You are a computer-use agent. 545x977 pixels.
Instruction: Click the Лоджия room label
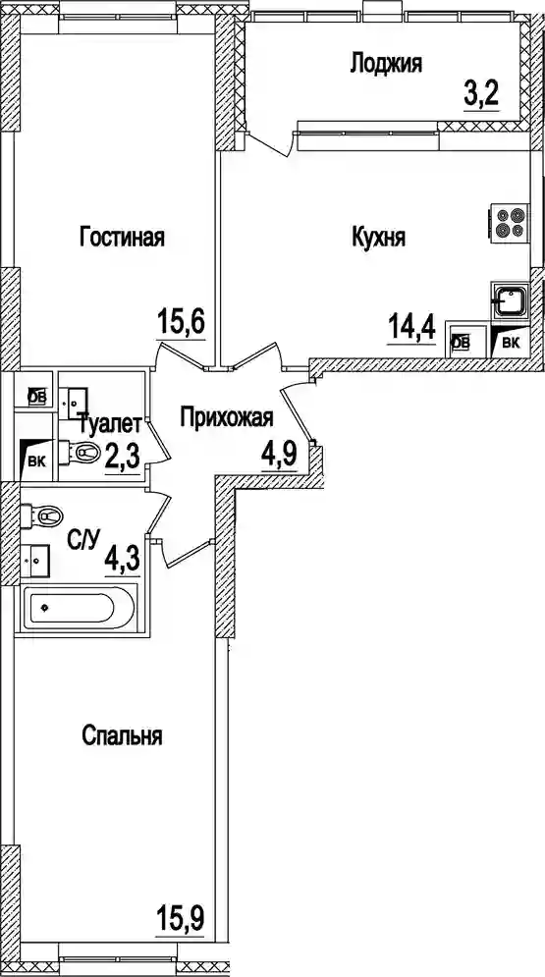[386, 64]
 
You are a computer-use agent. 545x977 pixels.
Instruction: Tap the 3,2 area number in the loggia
[481, 95]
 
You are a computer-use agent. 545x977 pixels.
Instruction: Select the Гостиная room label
[122, 237]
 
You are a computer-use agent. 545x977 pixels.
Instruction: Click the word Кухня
[379, 238]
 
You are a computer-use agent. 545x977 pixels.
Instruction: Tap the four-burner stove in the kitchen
[509, 223]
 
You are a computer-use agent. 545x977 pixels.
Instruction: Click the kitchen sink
[510, 301]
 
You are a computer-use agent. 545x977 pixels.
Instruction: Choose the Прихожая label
[227, 417]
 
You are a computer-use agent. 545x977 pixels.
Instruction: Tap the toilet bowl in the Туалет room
[80, 453]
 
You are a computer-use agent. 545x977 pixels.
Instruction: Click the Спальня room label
[122, 736]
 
